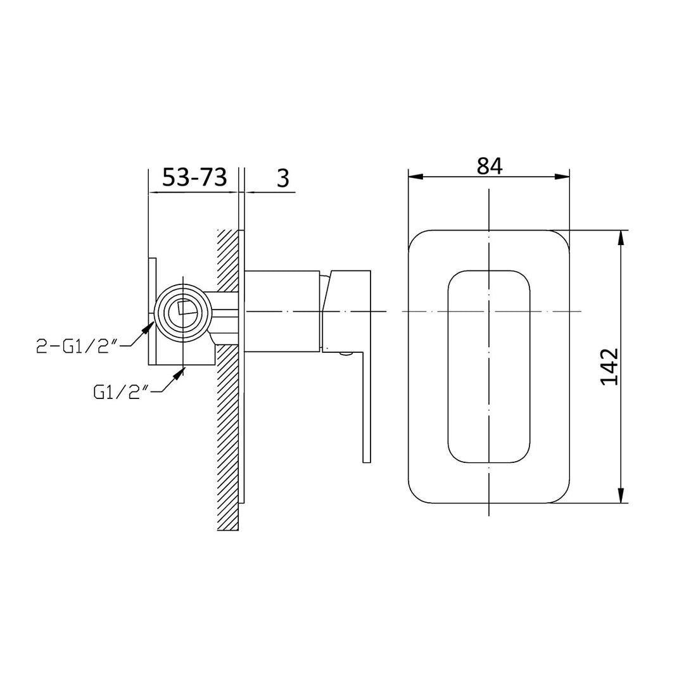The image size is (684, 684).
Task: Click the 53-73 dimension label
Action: pyautogui.click(x=194, y=178)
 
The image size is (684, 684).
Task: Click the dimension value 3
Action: pyautogui.click(x=282, y=179)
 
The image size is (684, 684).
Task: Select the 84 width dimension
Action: pyautogui.click(x=490, y=166)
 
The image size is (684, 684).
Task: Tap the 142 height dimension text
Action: pyautogui.click(x=609, y=366)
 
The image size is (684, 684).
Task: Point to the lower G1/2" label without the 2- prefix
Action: pyautogui.click(x=120, y=393)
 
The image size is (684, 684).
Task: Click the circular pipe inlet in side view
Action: pyautogui.click(x=183, y=311)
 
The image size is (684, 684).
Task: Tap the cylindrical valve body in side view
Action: pyautogui.click(x=281, y=311)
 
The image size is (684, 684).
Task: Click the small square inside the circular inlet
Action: pyautogui.click(x=187, y=308)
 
